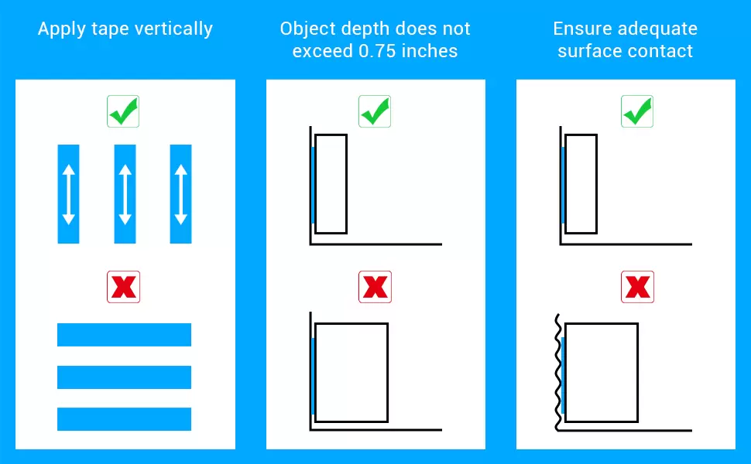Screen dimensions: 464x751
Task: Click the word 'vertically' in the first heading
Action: pos(172,29)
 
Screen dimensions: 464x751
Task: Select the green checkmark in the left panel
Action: pos(123,112)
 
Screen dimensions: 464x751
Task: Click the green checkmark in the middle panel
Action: pos(375,112)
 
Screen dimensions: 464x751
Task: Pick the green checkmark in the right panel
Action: pos(637,112)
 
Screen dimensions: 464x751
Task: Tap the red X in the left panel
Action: pos(123,288)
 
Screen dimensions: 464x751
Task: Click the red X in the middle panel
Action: pos(375,288)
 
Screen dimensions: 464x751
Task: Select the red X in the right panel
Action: pos(637,288)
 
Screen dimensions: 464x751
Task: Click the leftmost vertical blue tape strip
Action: pos(68,193)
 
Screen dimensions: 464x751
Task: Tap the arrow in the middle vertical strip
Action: pos(125,193)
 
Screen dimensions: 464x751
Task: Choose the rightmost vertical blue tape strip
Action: pos(181,193)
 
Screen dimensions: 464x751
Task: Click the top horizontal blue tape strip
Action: pos(124,335)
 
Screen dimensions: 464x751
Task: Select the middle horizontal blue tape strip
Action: pos(124,377)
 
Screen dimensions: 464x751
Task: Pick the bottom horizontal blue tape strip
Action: pos(124,419)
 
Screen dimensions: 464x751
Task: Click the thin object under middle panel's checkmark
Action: pos(331,184)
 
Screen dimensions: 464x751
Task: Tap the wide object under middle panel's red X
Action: pos(351,373)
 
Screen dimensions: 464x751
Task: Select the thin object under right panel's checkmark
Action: pos(581,184)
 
